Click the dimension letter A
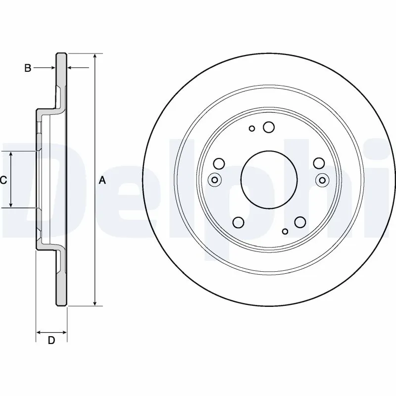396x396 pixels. [x=102, y=180]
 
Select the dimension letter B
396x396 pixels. [x=28, y=68]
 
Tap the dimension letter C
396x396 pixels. [x=3, y=180]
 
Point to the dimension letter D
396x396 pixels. [x=51, y=340]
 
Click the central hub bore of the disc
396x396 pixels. [x=269, y=179]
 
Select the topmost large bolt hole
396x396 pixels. [x=269, y=127]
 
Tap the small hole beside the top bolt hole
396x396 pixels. [x=252, y=129]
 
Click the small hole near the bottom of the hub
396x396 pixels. [x=285, y=231]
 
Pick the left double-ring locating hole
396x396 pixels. [x=215, y=180]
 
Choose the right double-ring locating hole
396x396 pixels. [x=323, y=180]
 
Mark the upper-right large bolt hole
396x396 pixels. [x=319, y=163]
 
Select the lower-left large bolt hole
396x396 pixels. [x=238, y=223]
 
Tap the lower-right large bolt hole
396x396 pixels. [x=299, y=223]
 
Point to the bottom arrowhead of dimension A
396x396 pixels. [x=95, y=303]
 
